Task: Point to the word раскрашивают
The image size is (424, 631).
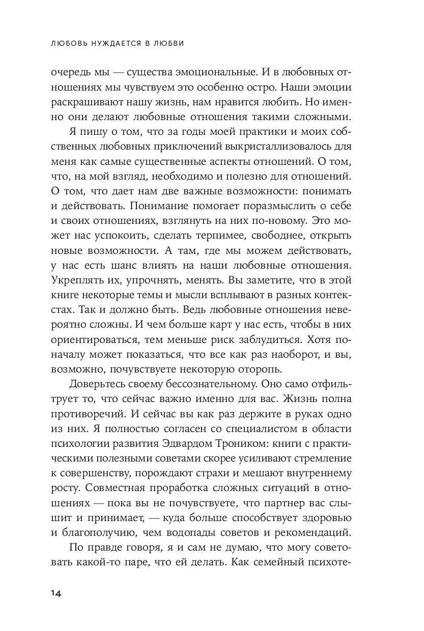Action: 84,101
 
